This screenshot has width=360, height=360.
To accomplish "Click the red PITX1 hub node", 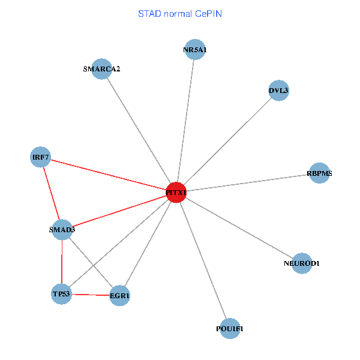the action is (176, 193).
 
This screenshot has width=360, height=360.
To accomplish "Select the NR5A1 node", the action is (195, 50).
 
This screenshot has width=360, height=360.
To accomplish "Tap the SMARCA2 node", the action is (102, 68).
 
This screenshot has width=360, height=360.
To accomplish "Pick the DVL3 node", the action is (279, 91).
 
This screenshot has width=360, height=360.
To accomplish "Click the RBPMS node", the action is (319, 173).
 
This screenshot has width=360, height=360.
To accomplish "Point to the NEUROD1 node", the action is (302, 263).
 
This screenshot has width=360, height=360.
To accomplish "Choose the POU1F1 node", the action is (230, 328).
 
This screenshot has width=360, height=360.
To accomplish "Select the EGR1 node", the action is (119, 295).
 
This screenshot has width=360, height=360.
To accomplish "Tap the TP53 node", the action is (61, 293).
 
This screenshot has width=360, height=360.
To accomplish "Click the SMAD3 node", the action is (62, 229).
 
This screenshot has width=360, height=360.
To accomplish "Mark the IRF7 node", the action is (41, 158).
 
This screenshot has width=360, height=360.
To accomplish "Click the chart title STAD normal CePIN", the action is (180, 13).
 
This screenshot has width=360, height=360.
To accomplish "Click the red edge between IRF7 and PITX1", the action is (108, 175).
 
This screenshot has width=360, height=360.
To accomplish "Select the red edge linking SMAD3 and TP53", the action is (62, 261).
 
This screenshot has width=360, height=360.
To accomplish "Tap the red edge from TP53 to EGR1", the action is (90, 295).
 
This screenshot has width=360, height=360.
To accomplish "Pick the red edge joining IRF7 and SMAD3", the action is (52, 193).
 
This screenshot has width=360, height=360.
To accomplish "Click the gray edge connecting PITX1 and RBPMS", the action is (247, 183).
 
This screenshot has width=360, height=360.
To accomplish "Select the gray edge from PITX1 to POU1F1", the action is (203, 260).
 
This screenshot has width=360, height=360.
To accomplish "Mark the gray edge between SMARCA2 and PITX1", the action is (139, 130).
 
